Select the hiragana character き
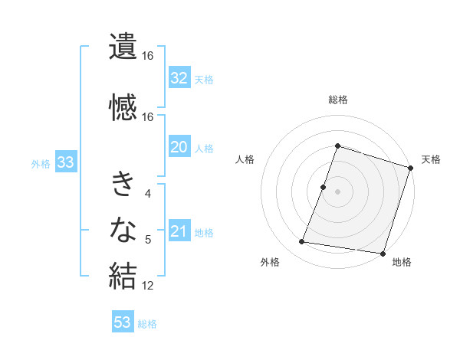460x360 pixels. pos(123,185)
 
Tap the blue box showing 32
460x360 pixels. pos(179,77)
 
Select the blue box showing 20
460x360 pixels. pos(179,147)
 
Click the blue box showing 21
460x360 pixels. pos(179,231)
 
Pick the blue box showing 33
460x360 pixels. pos(64,162)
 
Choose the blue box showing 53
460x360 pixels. pos(123,322)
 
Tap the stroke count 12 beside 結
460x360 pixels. pos(148,286)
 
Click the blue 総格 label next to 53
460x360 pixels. pos(147,323)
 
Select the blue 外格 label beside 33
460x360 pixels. pos(41,163)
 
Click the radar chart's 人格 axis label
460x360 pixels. pos(245,159)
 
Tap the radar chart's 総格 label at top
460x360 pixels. pos(337,100)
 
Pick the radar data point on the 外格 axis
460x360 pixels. pos(302,242)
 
